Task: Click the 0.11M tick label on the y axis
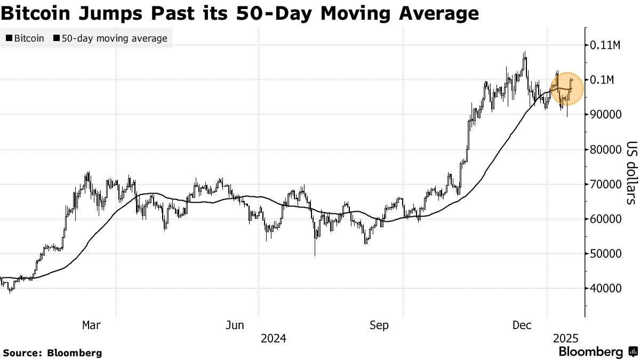point(605,45)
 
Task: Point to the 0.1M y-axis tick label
point(602,80)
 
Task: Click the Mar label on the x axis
point(92,325)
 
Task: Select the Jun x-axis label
point(236,325)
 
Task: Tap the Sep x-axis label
point(379,325)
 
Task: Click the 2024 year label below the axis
point(273,339)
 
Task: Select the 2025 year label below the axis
point(565,339)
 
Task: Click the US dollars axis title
point(631,173)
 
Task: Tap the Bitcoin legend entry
point(25,38)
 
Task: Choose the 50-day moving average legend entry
point(110,38)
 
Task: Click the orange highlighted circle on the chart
point(567,89)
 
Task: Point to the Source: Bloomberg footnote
point(52,353)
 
